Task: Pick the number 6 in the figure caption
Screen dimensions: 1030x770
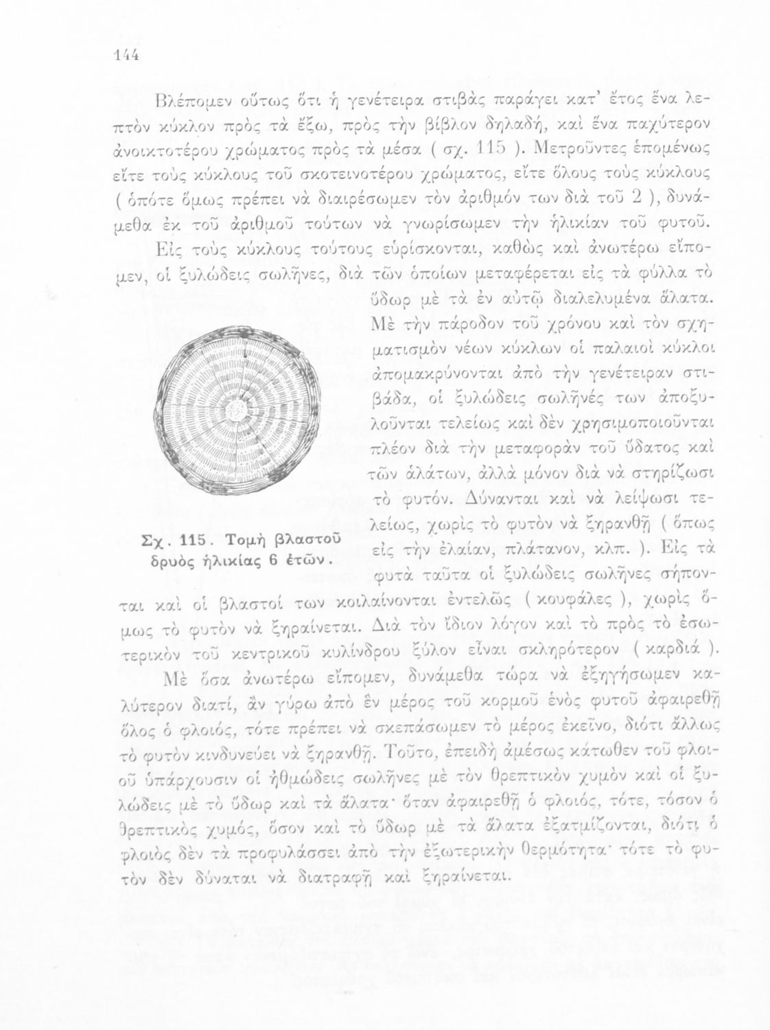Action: click(x=272, y=558)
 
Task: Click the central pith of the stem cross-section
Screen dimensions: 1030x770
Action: click(x=238, y=411)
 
